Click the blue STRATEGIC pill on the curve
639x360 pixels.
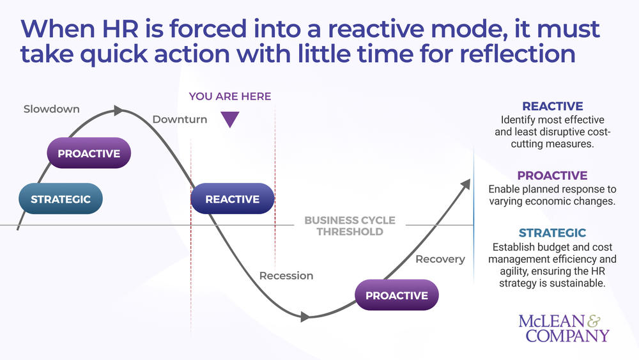tap(61, 199)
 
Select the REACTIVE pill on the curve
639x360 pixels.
tap(233, 199)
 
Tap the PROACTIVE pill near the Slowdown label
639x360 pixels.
tap(89, 153)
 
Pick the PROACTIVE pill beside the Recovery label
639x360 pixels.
tap(396, 295)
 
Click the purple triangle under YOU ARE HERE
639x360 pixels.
tap(230, 119)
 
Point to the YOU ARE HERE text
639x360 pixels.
tap(230, 97)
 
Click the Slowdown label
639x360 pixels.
tap(52, 109)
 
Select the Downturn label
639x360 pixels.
tap(180, 120)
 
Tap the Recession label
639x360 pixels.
tap(286, 276)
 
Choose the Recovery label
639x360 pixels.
tap(440, 260)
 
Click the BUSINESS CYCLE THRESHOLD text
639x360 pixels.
tap(350, 226)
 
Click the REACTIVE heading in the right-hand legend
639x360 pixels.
tap(553, 107)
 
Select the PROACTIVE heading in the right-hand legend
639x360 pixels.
tap(552, 176)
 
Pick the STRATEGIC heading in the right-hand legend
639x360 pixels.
tap(552, 233)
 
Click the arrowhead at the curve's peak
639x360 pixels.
tap(119, 111)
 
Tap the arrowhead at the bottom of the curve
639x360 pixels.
tap(305, 317)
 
